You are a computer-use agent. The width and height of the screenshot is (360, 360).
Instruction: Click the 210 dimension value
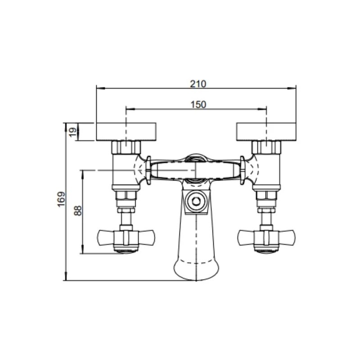coord(198,84)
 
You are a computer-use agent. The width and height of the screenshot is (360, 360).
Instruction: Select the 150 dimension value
coord(198,105)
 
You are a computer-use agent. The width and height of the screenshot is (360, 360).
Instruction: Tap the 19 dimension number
coord(73,132)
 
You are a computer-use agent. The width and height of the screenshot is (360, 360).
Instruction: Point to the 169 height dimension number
coord(61,199)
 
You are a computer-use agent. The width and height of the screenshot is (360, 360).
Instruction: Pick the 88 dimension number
coord(78,210)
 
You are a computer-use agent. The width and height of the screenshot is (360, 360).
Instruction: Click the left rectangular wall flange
coord(126,131)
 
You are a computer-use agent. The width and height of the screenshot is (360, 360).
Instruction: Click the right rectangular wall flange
coord(266,131)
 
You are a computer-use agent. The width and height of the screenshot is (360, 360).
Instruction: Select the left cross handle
coord(126,238)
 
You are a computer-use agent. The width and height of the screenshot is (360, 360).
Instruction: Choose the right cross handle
coord(266,238)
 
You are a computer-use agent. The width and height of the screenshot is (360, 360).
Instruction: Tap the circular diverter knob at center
coord(196,201)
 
